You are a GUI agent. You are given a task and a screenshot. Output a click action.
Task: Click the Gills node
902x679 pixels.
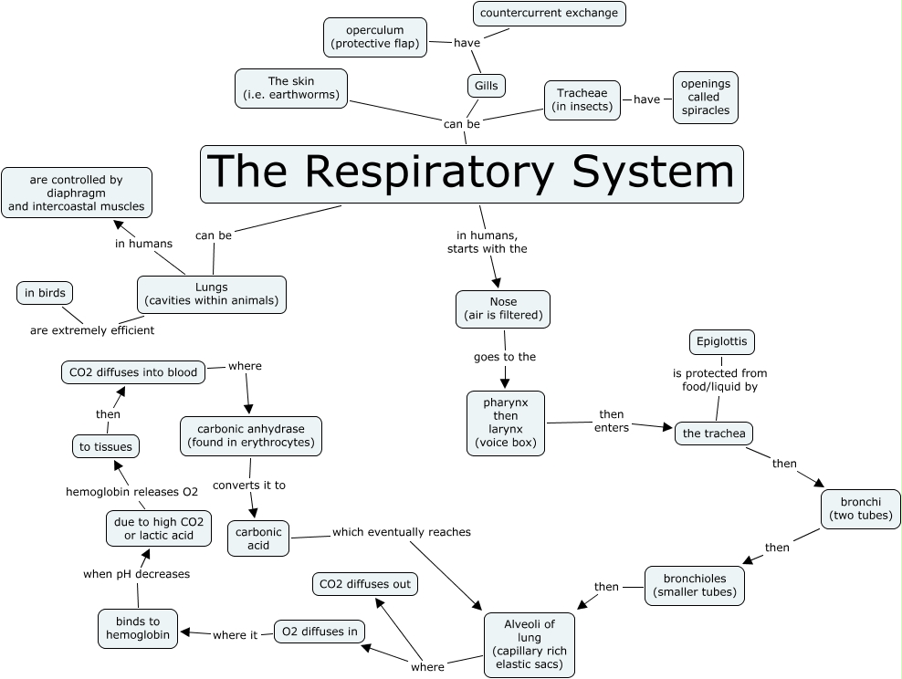tap(485, 86)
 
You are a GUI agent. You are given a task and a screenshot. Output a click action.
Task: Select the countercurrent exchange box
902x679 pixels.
tap(549, 14)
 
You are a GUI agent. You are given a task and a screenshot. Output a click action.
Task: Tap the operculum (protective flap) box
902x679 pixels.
tap(375, 37)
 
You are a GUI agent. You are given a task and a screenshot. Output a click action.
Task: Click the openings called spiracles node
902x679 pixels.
tap(705, 98)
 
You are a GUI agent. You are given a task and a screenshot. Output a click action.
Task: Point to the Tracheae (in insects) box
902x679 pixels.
tap(582, 99)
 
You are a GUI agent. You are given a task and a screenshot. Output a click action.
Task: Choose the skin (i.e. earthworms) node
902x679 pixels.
tap(291, 89)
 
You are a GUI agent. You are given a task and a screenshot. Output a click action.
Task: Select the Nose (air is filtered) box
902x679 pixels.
tap(503, 309)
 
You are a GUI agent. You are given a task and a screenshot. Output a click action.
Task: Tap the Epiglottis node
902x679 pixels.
tap(721, 342)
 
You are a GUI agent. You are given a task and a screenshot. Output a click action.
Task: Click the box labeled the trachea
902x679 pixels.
tap(714, 434)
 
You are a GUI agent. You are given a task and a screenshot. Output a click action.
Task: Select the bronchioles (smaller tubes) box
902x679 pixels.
tap(694, 586)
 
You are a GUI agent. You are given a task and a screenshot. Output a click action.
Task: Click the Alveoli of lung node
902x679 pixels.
tap(530, 644)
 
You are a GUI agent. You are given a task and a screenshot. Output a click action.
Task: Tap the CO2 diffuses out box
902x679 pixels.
tap(362, 583)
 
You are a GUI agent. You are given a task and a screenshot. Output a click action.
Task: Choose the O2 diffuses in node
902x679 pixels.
tap(320, 632)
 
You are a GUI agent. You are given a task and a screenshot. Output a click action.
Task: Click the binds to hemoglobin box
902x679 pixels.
tap(138, 628)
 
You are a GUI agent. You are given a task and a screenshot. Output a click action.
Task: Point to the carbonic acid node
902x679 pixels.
tap(258, 538)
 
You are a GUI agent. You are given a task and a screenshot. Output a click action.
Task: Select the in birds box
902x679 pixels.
tap(45, 293)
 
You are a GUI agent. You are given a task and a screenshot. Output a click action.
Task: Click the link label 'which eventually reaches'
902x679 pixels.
tap(401, 532)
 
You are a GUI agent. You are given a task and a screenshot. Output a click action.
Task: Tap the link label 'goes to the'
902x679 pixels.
tap(505, 357)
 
